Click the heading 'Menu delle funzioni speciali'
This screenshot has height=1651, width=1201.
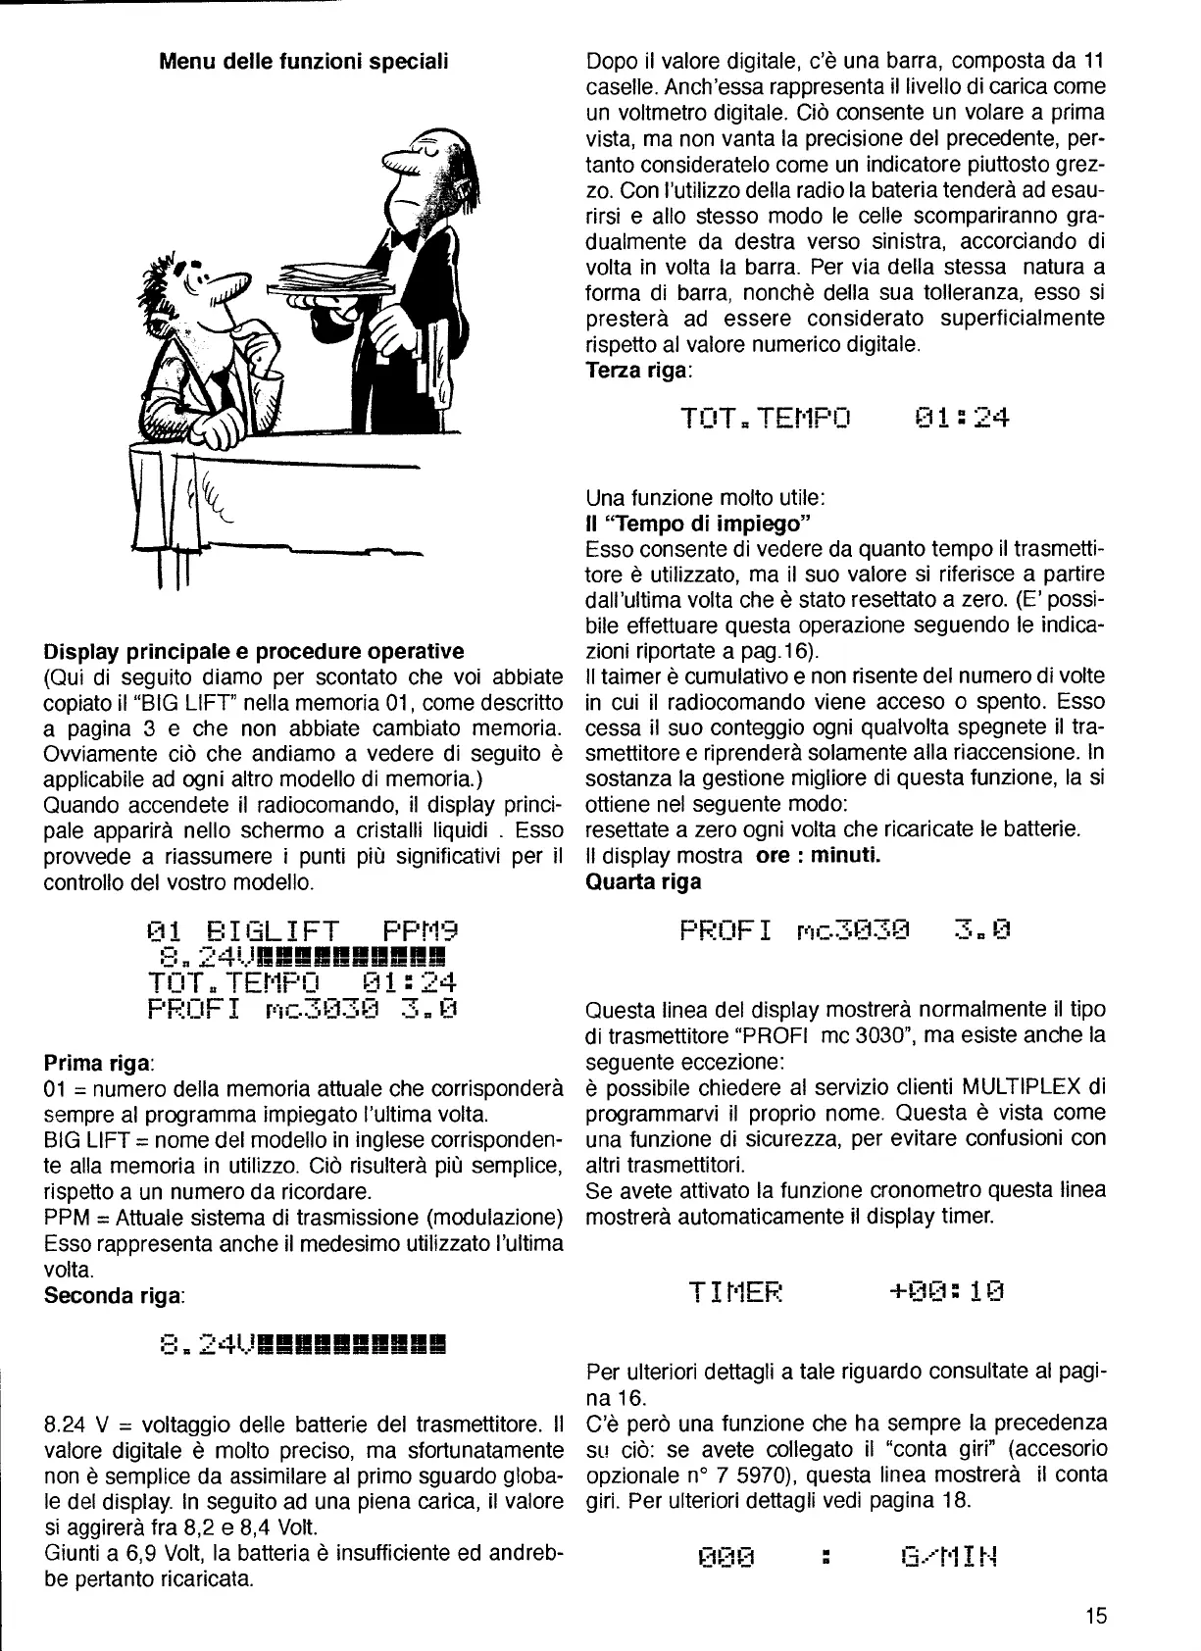tap(304, 62)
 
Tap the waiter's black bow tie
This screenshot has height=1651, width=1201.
tap(401, 238)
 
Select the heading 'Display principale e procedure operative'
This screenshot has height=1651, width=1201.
tap(254, 651)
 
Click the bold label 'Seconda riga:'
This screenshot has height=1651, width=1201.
tap(115, 1295)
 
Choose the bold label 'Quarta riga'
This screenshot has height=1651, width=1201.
tap(643, 881)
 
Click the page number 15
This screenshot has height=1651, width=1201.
tap(1096, 1615)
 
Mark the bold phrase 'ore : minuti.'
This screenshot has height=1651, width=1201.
tap(820, 855)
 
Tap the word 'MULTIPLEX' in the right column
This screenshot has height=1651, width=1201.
tap(1021, 1087)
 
